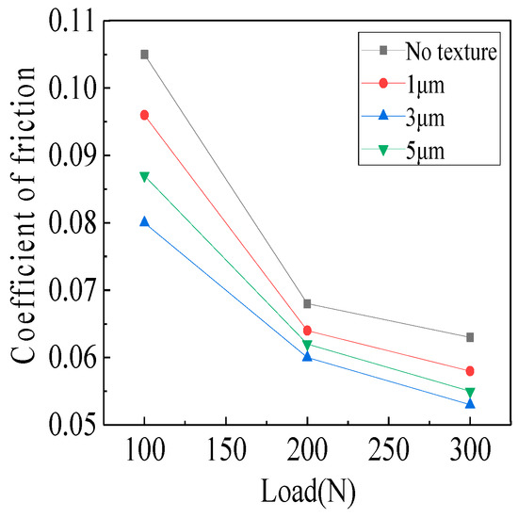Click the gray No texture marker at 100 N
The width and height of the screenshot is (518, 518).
pyautogui.click(x=144, y=55)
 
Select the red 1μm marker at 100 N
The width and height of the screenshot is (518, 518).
pyautogui.click(x=144, y=115)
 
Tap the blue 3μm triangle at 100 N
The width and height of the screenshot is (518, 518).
pyautogui.click(x=144, y=221)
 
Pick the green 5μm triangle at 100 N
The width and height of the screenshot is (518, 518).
pyautogui.click(x=144, y=176)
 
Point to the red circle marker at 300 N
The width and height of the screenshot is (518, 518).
pyautogui.click(x=470, y=371)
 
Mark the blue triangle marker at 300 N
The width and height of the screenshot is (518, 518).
pyautogui.click(x=470, y=403)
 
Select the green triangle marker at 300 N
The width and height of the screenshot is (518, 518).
pyautogui.click(x=470, y=392)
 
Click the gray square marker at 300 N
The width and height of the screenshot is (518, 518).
pyautogui.click(x=470, y=337)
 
